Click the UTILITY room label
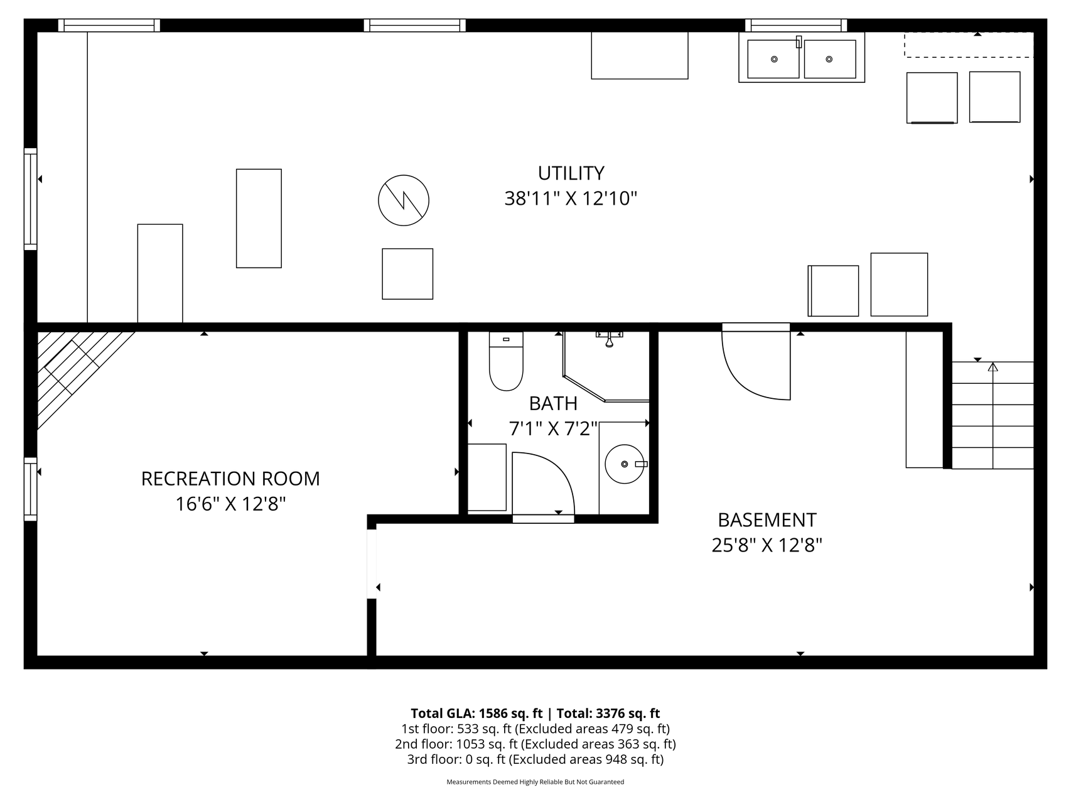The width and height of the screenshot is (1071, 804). pos(571,173)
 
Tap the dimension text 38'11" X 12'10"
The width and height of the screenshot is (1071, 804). pos(571,198)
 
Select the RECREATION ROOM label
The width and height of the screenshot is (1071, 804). pos(230,479)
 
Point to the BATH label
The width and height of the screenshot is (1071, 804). pos(553,403)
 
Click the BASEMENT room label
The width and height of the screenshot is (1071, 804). pos(767,520)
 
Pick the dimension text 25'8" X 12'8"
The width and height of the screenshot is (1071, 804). pos(767,545)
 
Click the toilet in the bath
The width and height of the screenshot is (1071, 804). pos(506,361)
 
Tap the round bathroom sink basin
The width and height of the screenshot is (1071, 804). pos(625,464)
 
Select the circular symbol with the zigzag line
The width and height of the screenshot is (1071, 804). pos(404,200)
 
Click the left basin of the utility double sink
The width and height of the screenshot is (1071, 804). pos(773,59)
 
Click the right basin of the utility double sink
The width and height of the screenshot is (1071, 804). pos(830,59)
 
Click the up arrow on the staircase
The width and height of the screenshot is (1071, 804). pos(993,367)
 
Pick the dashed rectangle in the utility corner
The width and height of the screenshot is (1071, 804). pos(969,45)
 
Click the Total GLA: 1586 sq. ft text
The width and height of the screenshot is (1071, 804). pos(476,713)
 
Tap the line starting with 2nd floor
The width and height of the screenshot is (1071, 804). pos(535,744)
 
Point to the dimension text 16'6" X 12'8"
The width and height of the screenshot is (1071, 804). pos(230,504)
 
